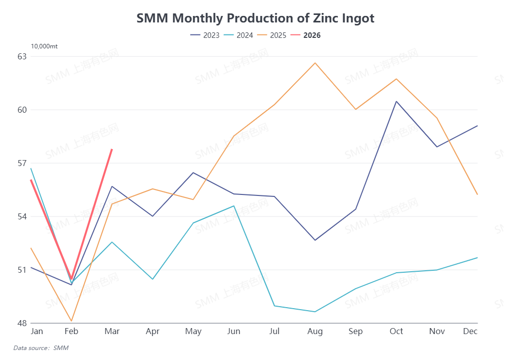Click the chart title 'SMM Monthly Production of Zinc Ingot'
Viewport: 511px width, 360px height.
255,18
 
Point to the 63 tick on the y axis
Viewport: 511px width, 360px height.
22,56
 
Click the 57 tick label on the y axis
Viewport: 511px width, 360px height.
22,163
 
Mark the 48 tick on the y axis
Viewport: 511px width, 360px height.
22,323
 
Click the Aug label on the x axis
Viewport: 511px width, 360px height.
315,332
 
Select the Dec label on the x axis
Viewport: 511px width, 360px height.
471,332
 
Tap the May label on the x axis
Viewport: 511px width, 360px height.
193,332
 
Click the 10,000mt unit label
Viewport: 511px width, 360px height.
44,46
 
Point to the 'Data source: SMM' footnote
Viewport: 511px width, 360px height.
41,348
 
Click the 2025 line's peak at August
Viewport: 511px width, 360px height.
315,63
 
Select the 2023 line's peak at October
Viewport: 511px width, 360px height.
396,101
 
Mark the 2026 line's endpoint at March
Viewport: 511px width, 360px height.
112,149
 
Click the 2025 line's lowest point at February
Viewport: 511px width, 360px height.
71,321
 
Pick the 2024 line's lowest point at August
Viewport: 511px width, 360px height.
315,312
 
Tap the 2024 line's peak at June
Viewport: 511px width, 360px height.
234,206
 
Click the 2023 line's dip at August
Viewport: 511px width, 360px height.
315,240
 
